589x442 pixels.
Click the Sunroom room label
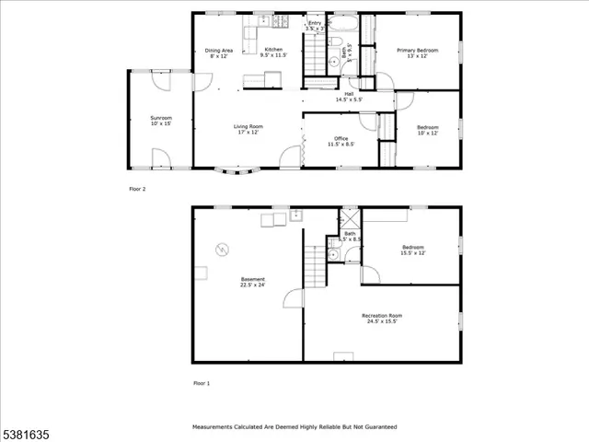click(x=161, y=121)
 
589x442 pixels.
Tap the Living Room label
click(x=247, y=129)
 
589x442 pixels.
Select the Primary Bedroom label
click(x=417, y=52)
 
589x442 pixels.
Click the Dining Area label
click(x=219, y=52)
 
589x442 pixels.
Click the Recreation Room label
click(x=381, y=319)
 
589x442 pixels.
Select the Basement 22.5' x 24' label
click(x=253, y=282)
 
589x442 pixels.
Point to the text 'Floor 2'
click(x=137, y=189)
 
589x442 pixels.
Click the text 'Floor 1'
click(x=202, y=382)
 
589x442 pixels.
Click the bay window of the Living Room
click(x=238, y=170)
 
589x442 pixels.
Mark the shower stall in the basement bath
click(x=350, y=219)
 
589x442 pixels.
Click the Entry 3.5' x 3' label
click(x=316, y=26)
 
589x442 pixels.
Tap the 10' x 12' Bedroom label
click(x=427, y=130)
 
